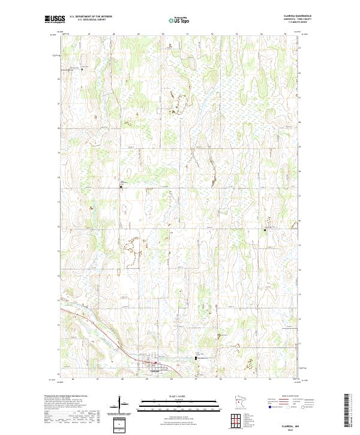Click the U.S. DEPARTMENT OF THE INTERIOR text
[x=91, y=17]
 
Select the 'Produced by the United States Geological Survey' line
[x=66, y=396]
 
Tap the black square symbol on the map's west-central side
[x=121, y=187]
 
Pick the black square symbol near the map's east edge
[x=265, y=229]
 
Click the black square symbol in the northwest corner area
[x=82, y=70]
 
